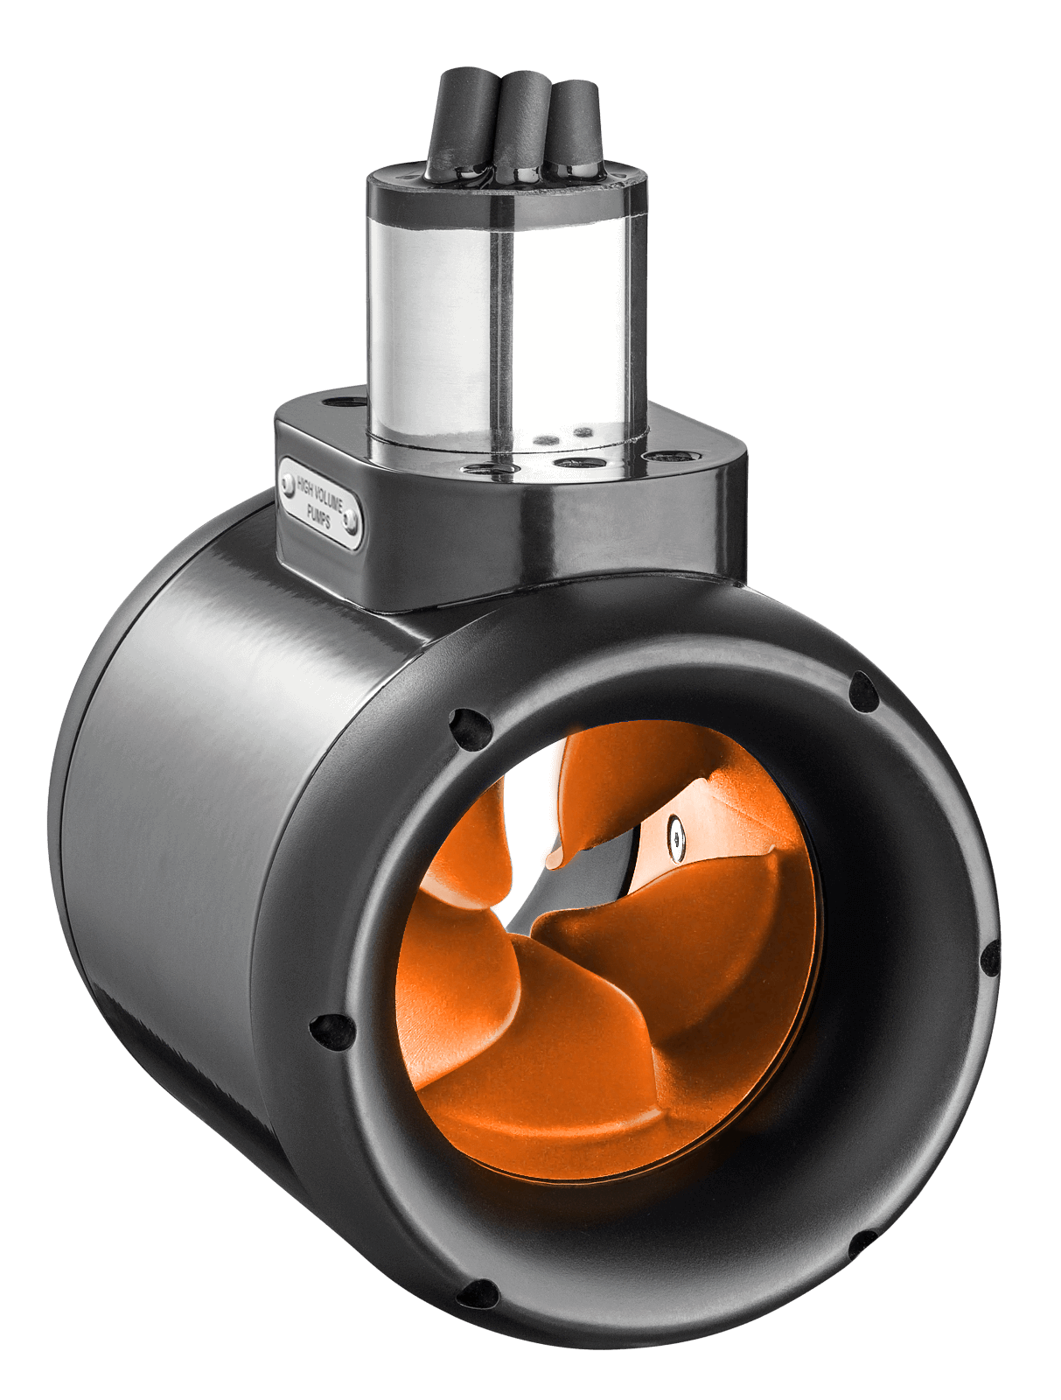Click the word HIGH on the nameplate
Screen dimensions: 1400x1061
coord(304,486)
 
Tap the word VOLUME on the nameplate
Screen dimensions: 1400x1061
coord(330,501)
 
